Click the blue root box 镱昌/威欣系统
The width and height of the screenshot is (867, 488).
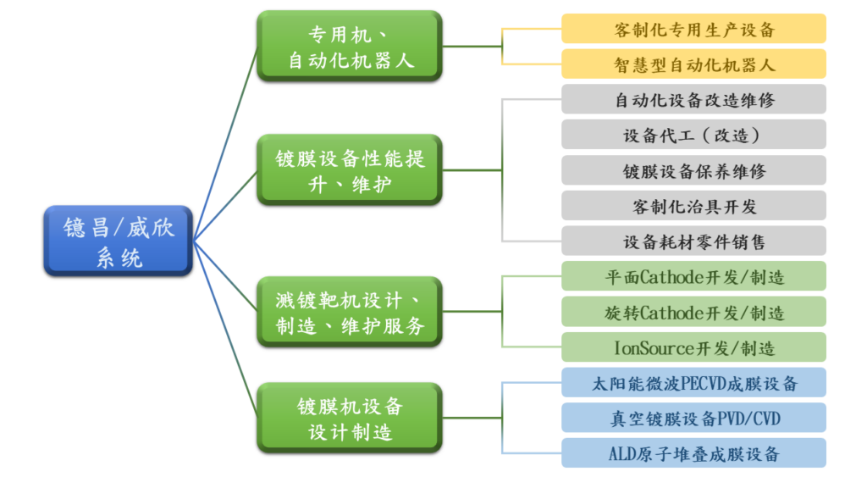click(119, 241)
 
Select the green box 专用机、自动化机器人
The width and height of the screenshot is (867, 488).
click(350, 47)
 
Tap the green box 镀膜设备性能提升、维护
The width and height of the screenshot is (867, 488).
click(350, 169)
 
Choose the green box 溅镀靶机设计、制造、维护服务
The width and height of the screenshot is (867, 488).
click(350, 312)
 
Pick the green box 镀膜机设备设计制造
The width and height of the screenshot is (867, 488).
click(350, 419)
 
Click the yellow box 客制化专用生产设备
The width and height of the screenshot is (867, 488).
click(693, 29)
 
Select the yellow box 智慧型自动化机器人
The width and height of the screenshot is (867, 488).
click(693, 64)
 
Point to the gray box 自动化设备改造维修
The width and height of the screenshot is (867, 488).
click(693, 99)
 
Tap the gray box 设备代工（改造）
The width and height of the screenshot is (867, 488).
click(693, 135)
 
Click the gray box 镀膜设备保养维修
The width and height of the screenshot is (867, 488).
click(693, 170)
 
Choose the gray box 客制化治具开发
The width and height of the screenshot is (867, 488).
click(693, 206)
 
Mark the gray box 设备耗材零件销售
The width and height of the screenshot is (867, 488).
click(693, 241)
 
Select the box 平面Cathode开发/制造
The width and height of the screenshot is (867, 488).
click(693, 276)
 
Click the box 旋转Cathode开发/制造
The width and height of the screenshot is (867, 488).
click(693, 312)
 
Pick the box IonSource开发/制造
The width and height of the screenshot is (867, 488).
click(693, 347)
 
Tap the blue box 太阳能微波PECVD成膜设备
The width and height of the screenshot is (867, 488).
click(693, 383)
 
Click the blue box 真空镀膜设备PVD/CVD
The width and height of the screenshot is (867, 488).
click(693, 418)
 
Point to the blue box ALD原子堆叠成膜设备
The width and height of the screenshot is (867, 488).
click(693, 453)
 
